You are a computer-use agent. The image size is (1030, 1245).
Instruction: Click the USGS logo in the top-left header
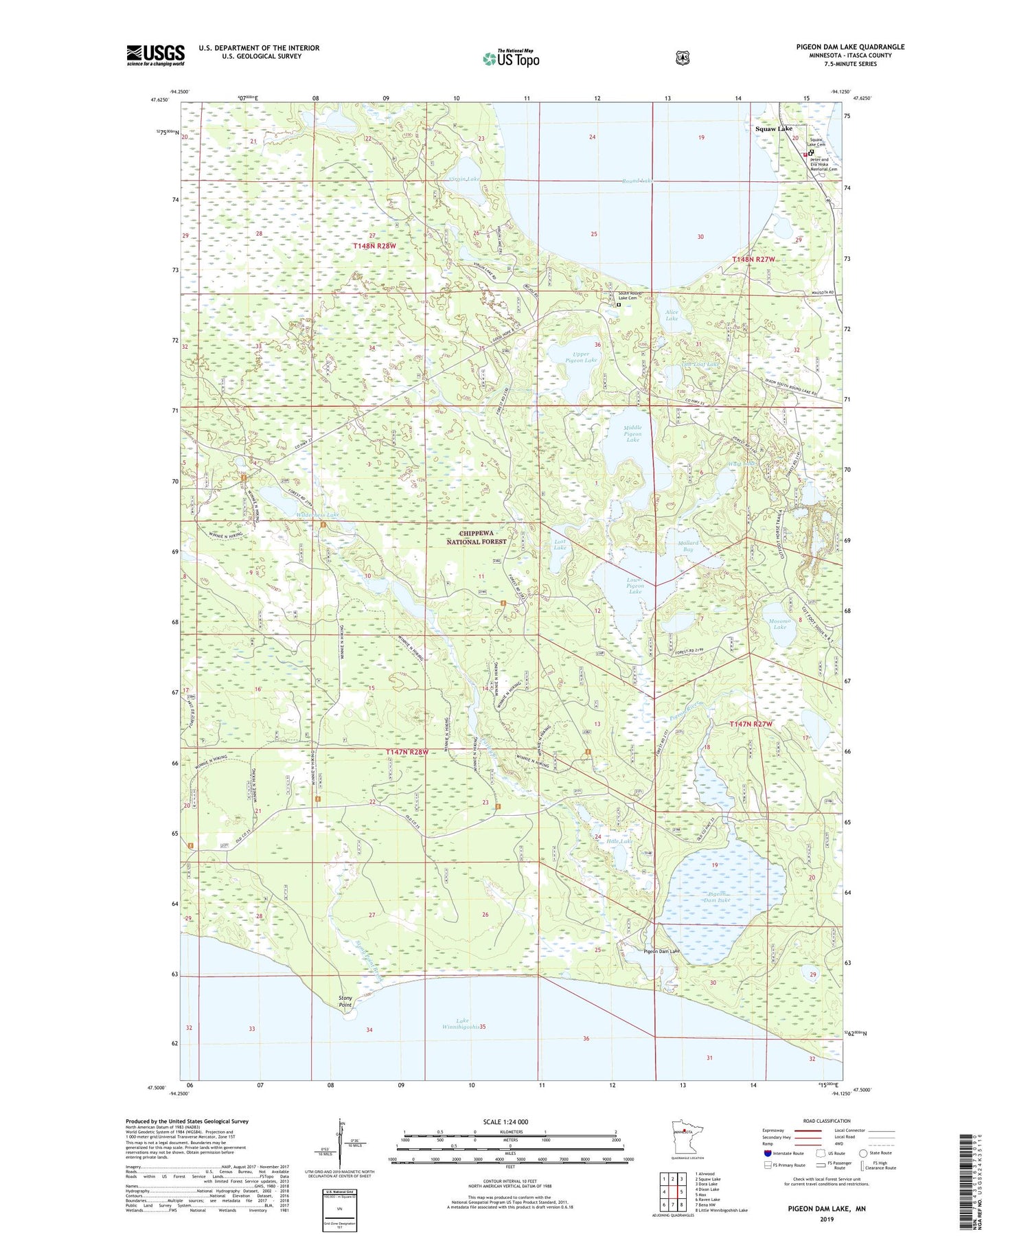pyautogui.click(x=155, y=55)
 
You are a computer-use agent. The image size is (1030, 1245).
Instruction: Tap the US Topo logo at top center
pyautogui.click(x=511, y=58)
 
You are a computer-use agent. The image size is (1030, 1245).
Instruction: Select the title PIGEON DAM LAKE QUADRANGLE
pyautogui.click(x=850, y=47)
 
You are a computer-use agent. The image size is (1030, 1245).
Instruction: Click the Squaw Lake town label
pyautogui.click(x=773, y=128)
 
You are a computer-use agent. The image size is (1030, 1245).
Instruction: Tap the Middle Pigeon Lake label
pyautogui.click(x=632, y=433)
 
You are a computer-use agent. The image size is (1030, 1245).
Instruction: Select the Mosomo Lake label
pyautogui.click(x=779, y=623)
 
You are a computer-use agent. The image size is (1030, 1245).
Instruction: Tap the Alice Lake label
pyautogui.click(x=672, y=315)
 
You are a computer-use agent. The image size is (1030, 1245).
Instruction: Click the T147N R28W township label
pyautogui.click(x=407, y=752)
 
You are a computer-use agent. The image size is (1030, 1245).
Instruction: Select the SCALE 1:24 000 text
pyautogui.click(x=505, y=1121)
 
